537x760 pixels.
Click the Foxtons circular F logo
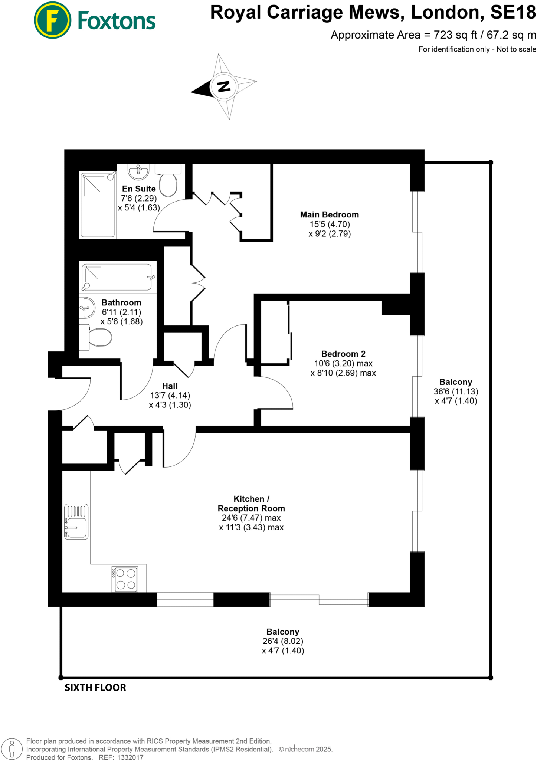(x=52, y=20)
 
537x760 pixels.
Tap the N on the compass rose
(x=223, y=86)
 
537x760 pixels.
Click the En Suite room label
(x=139, y=189)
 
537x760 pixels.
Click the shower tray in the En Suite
(x=98, y=204)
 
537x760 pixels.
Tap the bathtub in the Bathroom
(x=117, y=277)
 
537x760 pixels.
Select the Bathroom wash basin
(x=87, y=308)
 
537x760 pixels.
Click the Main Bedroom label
(x=330, y=215)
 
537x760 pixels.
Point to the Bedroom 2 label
(x=343, y=354)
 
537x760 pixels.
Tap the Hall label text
(x=170, y=386)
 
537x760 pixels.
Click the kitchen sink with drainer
(x=76, y=521)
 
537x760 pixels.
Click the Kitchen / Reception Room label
(x=251, y=504)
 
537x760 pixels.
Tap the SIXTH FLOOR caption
(x=95, y=688)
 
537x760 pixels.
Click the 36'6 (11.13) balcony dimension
(x=456, y=392)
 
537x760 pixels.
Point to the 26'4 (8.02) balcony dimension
(x=283, y=641)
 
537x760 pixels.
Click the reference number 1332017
(x=130, y=757)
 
